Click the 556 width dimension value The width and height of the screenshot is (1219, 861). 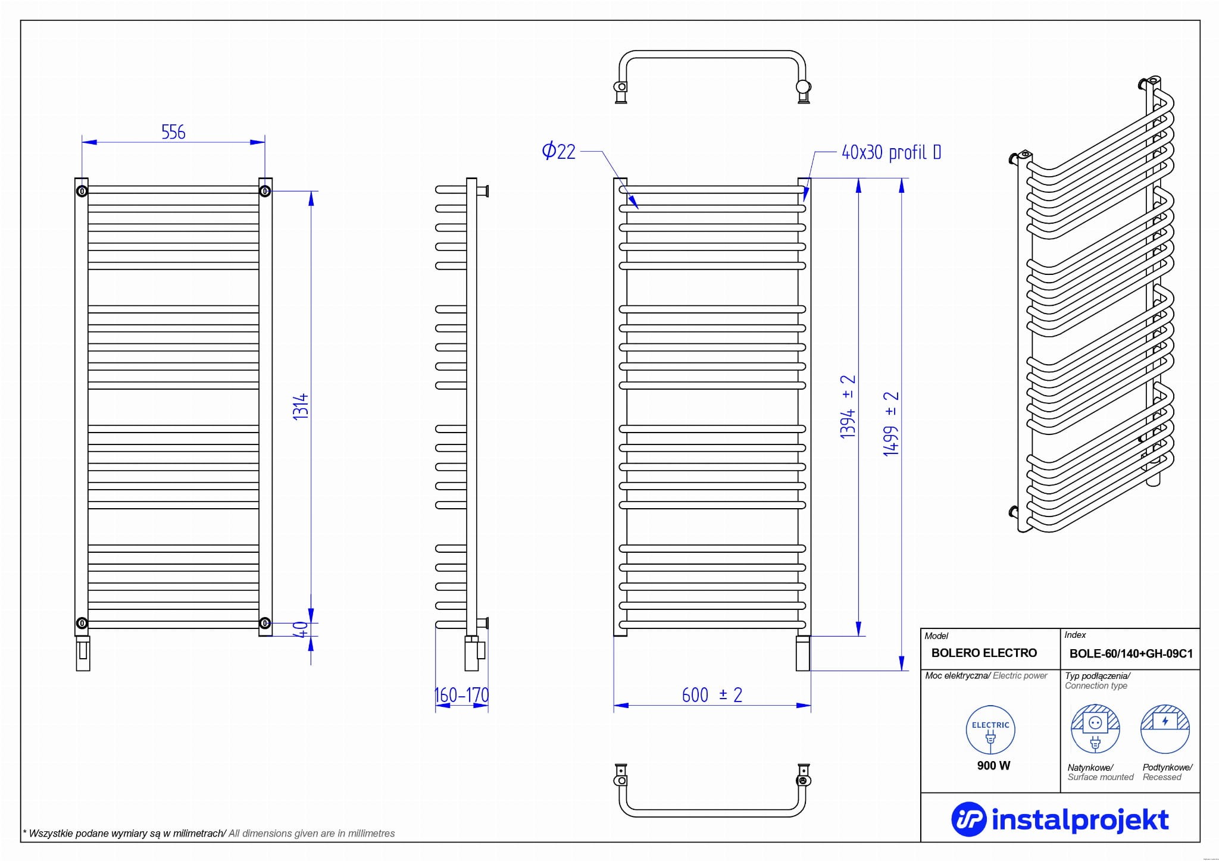tap(173, 132)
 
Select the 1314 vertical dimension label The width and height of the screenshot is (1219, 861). tap(301, 406)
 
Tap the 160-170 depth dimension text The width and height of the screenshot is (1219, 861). tap(462, 695)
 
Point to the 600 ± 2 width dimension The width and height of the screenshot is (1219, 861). tap(712, 695)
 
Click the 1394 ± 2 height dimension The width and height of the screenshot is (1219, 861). tap(848, 406)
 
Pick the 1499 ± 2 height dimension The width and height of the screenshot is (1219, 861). tap(891, 424)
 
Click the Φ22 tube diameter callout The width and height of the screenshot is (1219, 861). tap(559, 151)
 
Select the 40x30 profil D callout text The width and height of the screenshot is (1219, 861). tap(891, 153)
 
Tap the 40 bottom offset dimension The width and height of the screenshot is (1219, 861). tap(301, 629)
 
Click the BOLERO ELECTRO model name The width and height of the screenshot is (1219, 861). tap(984, 653)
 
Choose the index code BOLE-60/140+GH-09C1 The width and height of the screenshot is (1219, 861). tap(1131, 653)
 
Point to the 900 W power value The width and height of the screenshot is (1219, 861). tap(993, 766)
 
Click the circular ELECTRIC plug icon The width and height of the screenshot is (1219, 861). tap(990, 730)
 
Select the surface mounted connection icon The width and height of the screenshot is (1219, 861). tap(1095, 728)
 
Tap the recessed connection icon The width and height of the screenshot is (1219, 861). tap(1165, 728)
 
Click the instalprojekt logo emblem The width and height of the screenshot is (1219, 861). tap(969, 819)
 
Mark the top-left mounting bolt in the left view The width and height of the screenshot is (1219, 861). tap(82, 191)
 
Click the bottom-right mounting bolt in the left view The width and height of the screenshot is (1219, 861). tap(265, 623)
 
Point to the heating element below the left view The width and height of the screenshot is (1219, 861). tap(83, 653)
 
